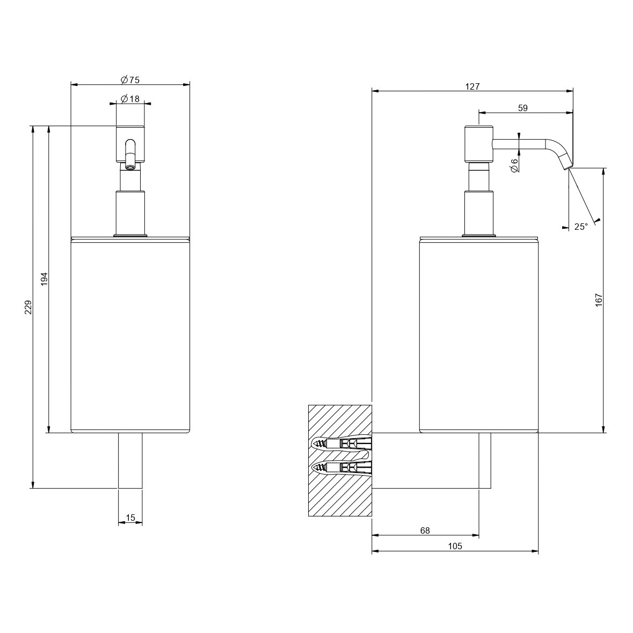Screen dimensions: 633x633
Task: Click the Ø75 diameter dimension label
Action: (x=130, y=79)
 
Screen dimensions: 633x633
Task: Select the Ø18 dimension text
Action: (x=130, y=98)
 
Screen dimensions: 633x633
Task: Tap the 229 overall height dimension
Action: (x=28, y=308)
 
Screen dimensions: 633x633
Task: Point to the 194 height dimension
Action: (x=45, y=279)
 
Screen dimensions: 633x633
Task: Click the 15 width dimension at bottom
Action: (x=130, y=518)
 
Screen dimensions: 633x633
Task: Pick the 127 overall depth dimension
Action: (x=472, y=86)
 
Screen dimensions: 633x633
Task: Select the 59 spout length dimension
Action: (x=523, y=108)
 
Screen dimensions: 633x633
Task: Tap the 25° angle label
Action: (x=581, y=227)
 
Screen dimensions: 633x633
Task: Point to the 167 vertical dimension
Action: (x=598, y=300)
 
